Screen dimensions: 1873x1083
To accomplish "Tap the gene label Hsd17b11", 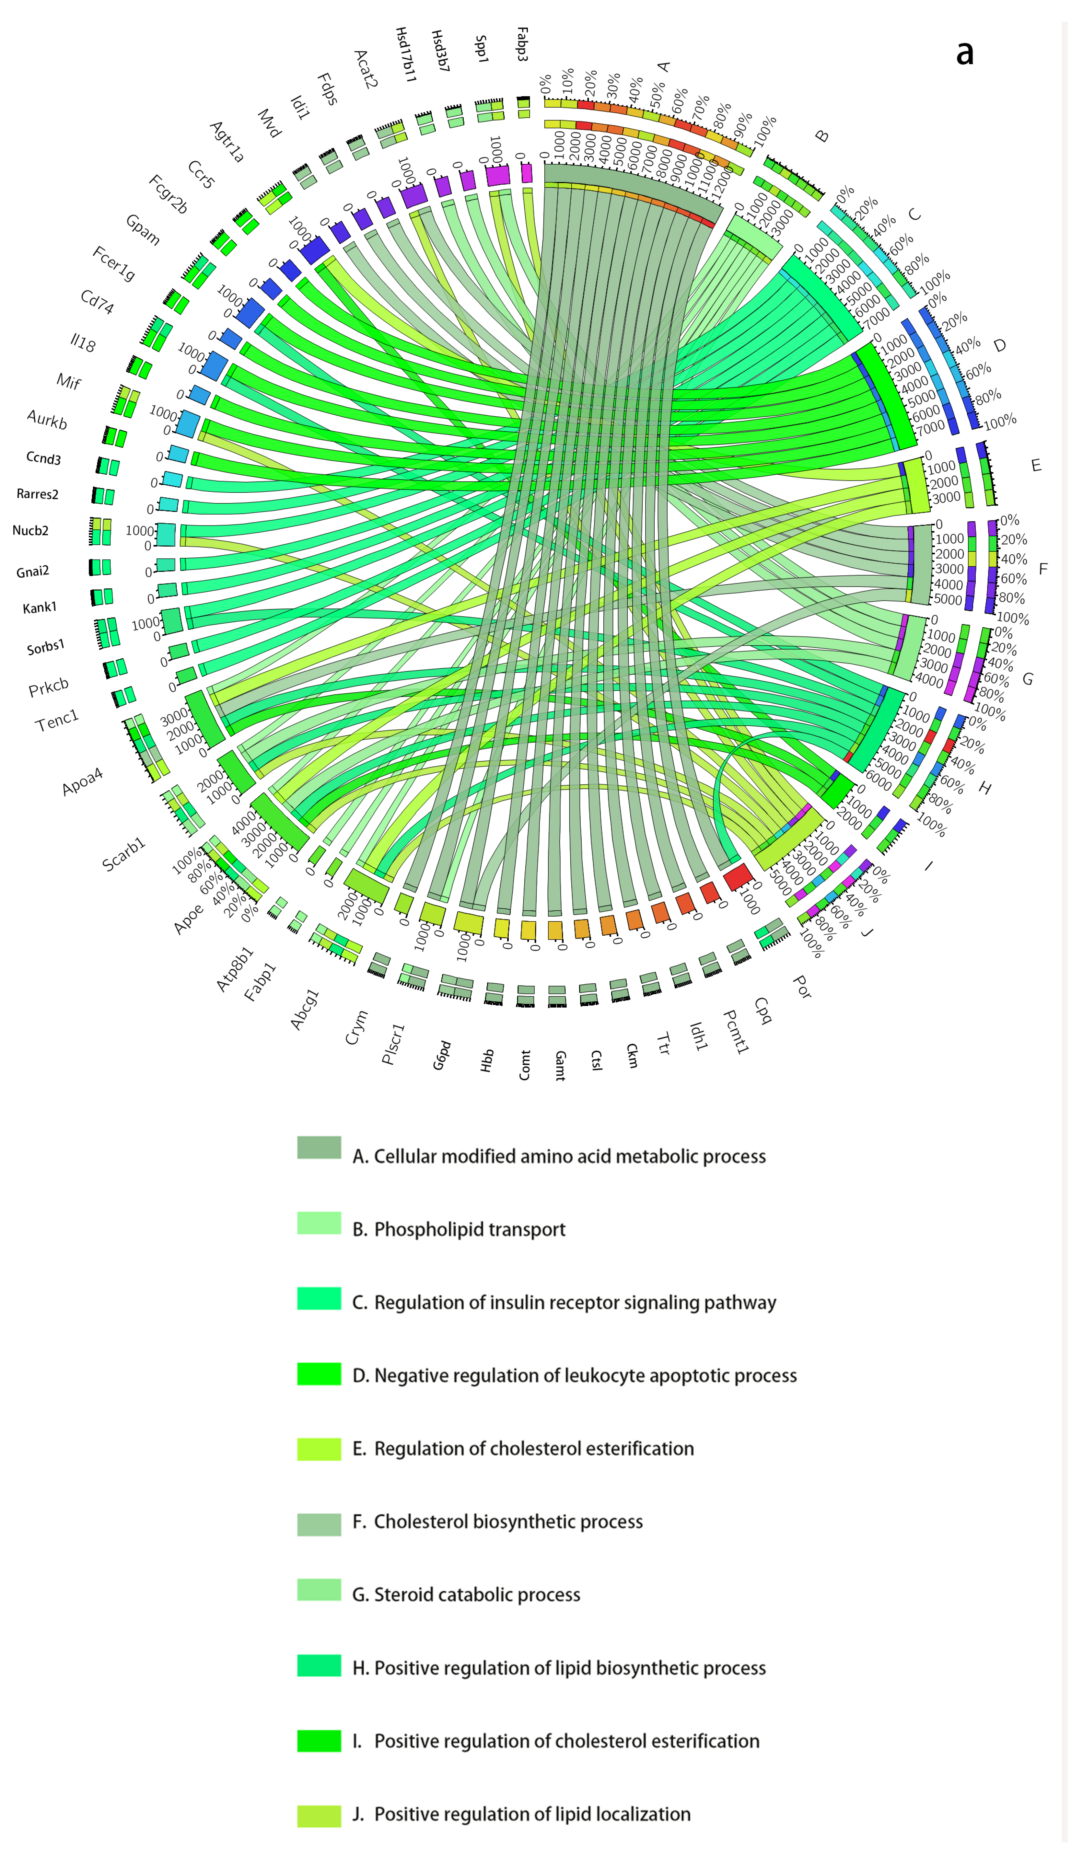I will point(405,54).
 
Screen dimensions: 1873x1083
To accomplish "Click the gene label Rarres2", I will point(37,494).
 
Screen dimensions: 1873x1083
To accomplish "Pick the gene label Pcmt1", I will point(736,1032).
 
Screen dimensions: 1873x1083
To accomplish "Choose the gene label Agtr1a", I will point(227,142).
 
